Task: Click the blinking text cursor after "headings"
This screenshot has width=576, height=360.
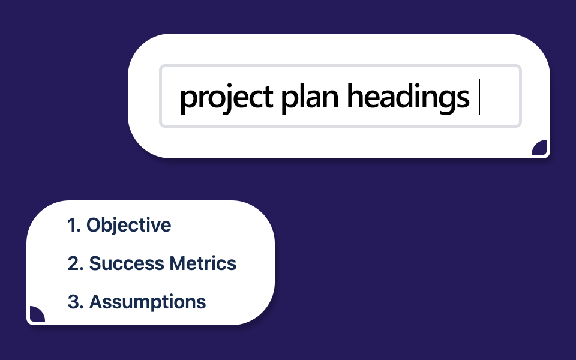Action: pyautogui.click(x=479, y=97)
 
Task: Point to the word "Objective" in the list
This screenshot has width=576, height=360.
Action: pyautogui.click(x=128, y=225)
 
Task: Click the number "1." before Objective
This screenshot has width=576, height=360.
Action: pyautogui.click(x=74, y=225)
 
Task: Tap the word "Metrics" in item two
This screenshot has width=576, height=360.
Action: pyautogui.click(x=203, y=263)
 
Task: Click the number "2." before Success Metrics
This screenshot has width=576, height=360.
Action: pyautogui.click(x=76, y=263)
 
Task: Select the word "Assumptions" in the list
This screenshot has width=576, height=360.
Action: pyautogui.click(x=148, y=302)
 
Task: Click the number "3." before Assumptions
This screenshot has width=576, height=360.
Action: pyautogui.click(x=76, y=302)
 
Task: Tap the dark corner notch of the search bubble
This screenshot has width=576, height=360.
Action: pyautogui.click(x=539, y=148)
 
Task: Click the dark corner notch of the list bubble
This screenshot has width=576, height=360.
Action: pyautogui.click(x=37, y=314)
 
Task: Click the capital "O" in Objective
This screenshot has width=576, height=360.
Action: pyautogui.click(x=94, y=225)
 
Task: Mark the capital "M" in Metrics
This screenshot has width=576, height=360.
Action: pyautogui.click(x=178, y=263)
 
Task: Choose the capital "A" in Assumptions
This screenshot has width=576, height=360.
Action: pyautogui.click(x=96, y=302)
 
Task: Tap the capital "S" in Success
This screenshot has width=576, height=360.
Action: pyautogui.click(x=95, y=263)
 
